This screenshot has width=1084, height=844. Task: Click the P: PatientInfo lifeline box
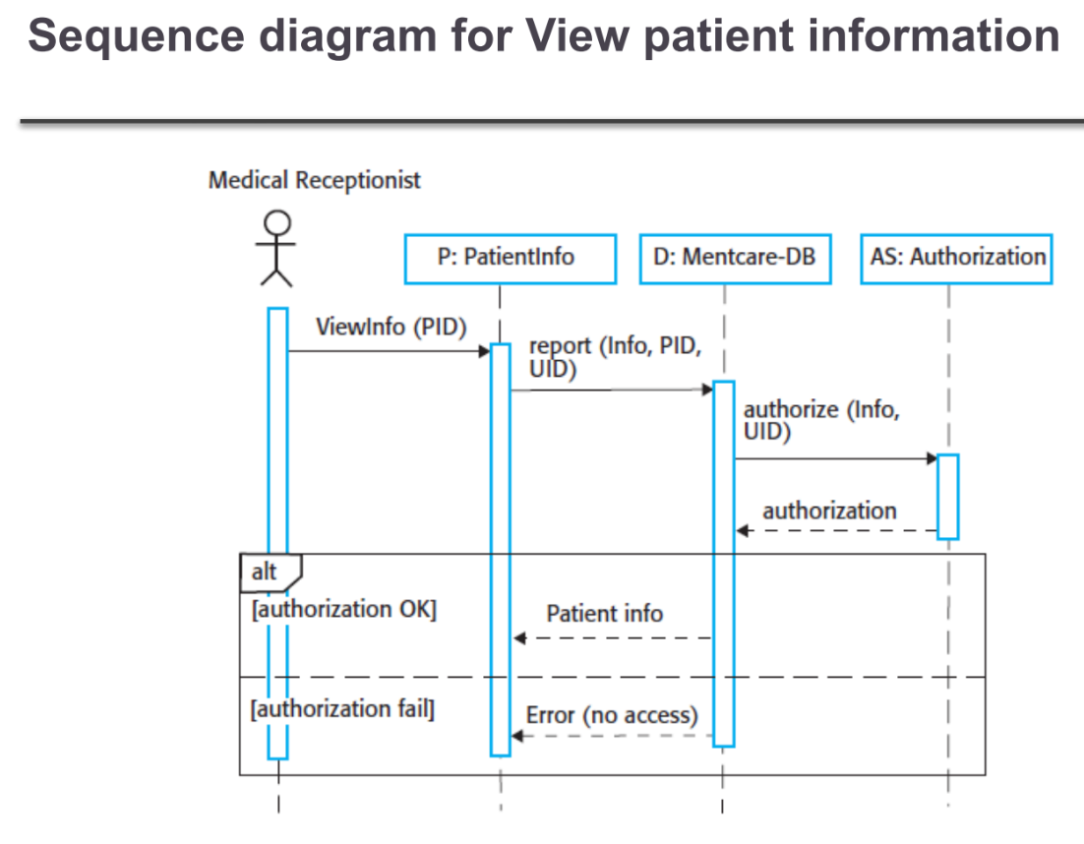coord(510,258)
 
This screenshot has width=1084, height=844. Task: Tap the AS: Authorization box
coord(956,258)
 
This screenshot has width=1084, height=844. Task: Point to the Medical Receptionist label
coord(314,180)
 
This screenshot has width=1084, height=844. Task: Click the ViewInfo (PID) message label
coord(391,327)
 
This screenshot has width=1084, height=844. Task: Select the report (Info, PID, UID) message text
coord(615,358)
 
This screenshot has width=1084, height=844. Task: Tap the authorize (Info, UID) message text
coord(820,420)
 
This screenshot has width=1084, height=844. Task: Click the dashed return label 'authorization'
coord(829,511)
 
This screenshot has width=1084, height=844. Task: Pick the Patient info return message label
coord(604,614)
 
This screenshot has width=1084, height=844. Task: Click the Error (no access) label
coord(611,714)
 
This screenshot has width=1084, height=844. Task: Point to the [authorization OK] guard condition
coord(343,609)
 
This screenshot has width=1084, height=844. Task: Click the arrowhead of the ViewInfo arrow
coord(484,351)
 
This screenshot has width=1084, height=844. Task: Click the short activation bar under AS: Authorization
coord(947,496)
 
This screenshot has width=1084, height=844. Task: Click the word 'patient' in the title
coord(704,36)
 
